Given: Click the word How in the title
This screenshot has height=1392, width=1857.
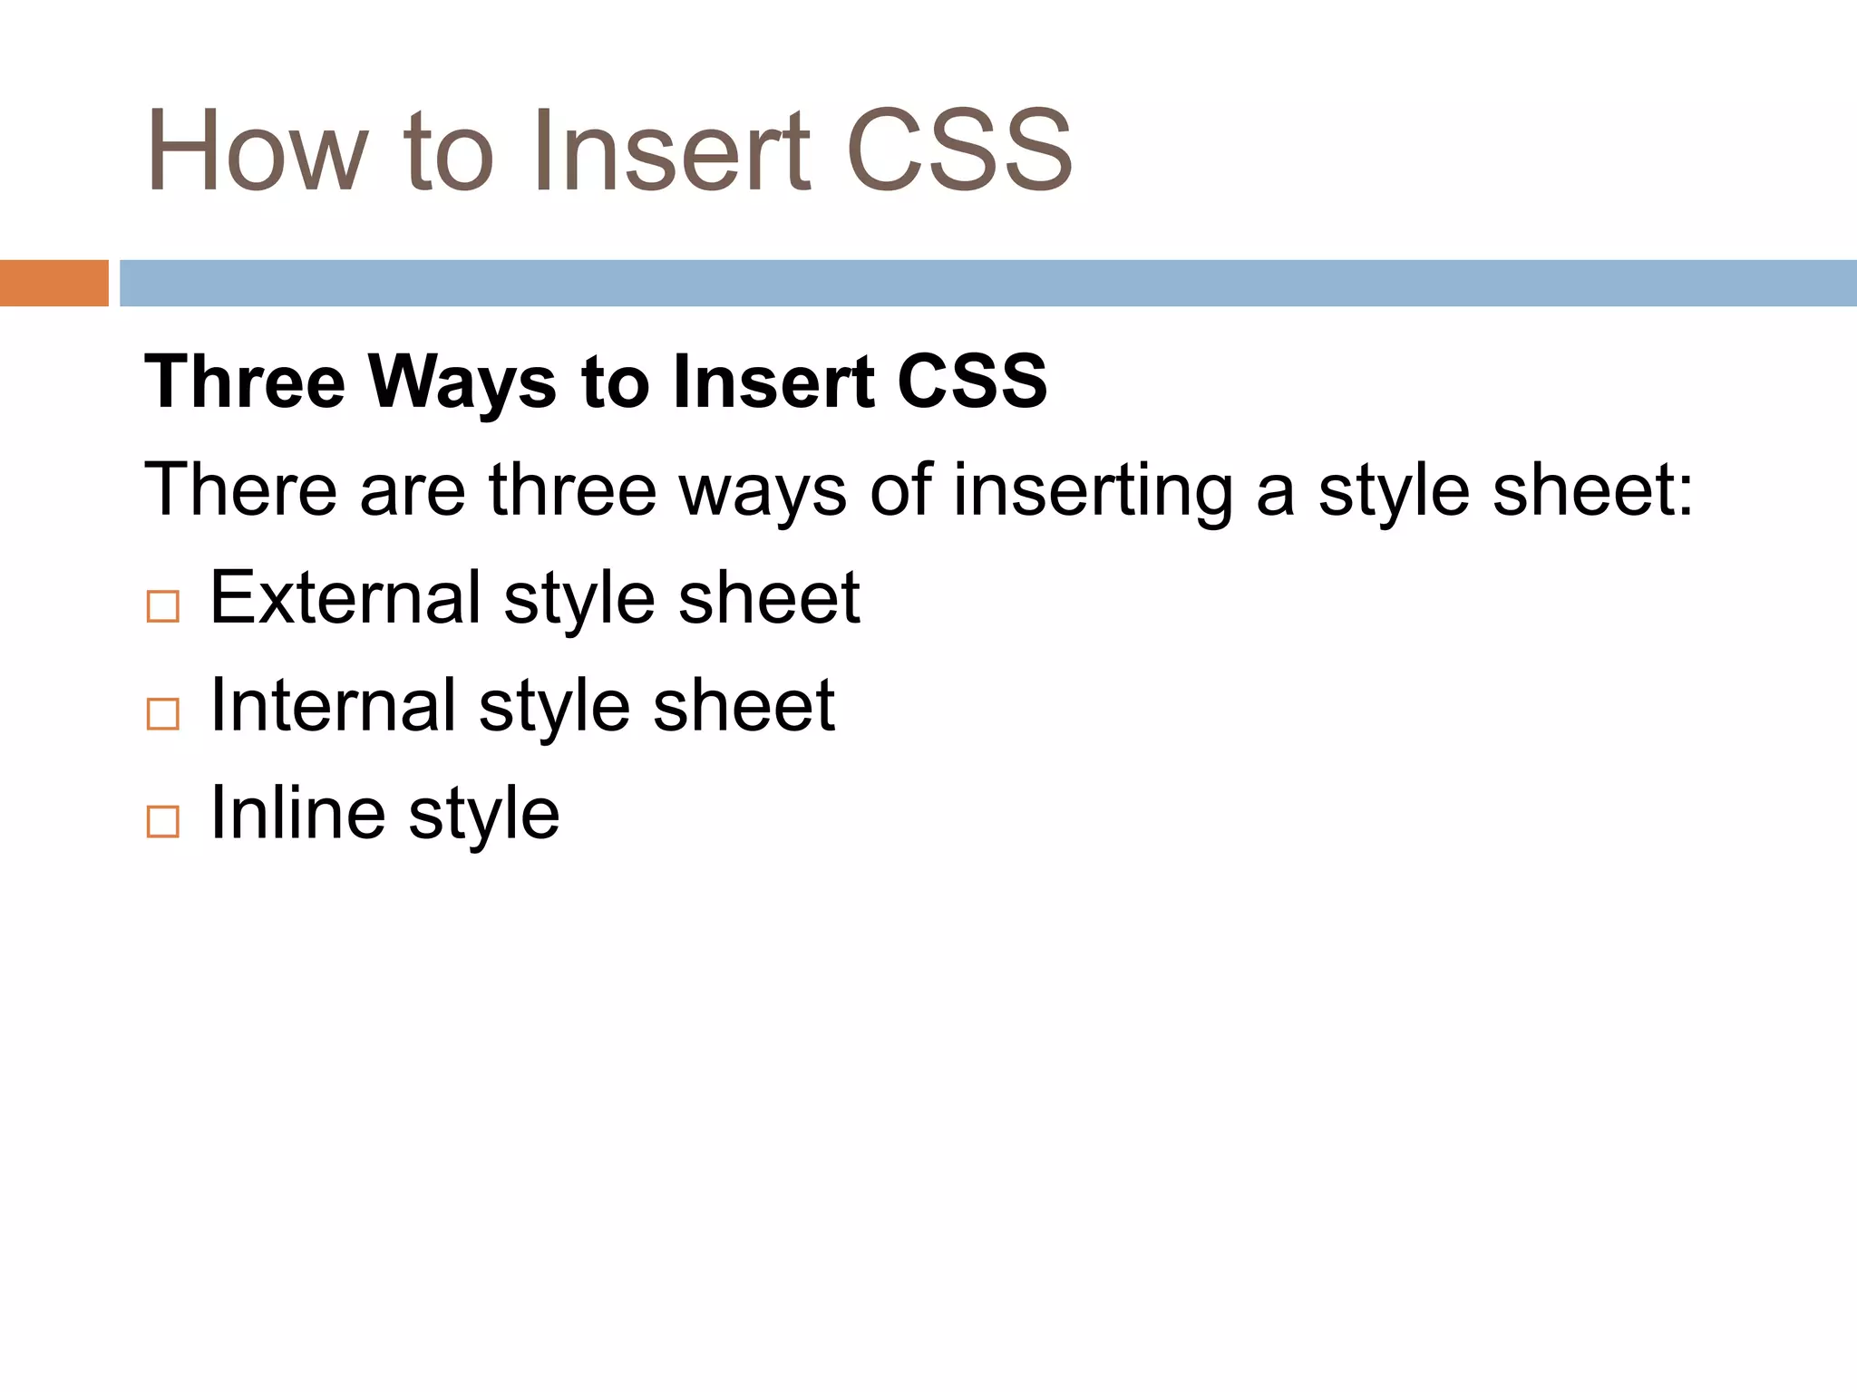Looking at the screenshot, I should [x=258, y=150].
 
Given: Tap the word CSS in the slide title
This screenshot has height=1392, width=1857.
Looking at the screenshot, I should [x=959, y=150].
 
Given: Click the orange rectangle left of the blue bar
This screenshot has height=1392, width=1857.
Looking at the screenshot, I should [x=53, y=283].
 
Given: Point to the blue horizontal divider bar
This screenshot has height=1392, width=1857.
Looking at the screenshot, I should [x=987, y=283].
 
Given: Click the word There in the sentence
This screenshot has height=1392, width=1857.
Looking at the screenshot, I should [x=241, y=489].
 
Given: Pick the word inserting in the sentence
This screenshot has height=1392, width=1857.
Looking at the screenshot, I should [x=1093, y=491].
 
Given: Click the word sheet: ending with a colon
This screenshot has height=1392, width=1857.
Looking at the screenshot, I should [x=1592, y=489].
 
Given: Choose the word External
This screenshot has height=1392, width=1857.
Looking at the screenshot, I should [x=345, y=597].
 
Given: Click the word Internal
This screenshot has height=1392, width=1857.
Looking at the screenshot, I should [x=333, y=705].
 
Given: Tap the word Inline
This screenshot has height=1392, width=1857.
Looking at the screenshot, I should [x=297, y=812].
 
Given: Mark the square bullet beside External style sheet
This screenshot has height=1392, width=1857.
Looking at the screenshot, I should [x=163, y=606].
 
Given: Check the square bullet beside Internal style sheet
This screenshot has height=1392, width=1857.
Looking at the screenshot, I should [x=163, y=714].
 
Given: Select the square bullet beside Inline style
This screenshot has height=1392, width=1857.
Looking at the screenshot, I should [x=163, y=821].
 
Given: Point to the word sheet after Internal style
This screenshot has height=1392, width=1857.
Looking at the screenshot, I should [x=744, y=705].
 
